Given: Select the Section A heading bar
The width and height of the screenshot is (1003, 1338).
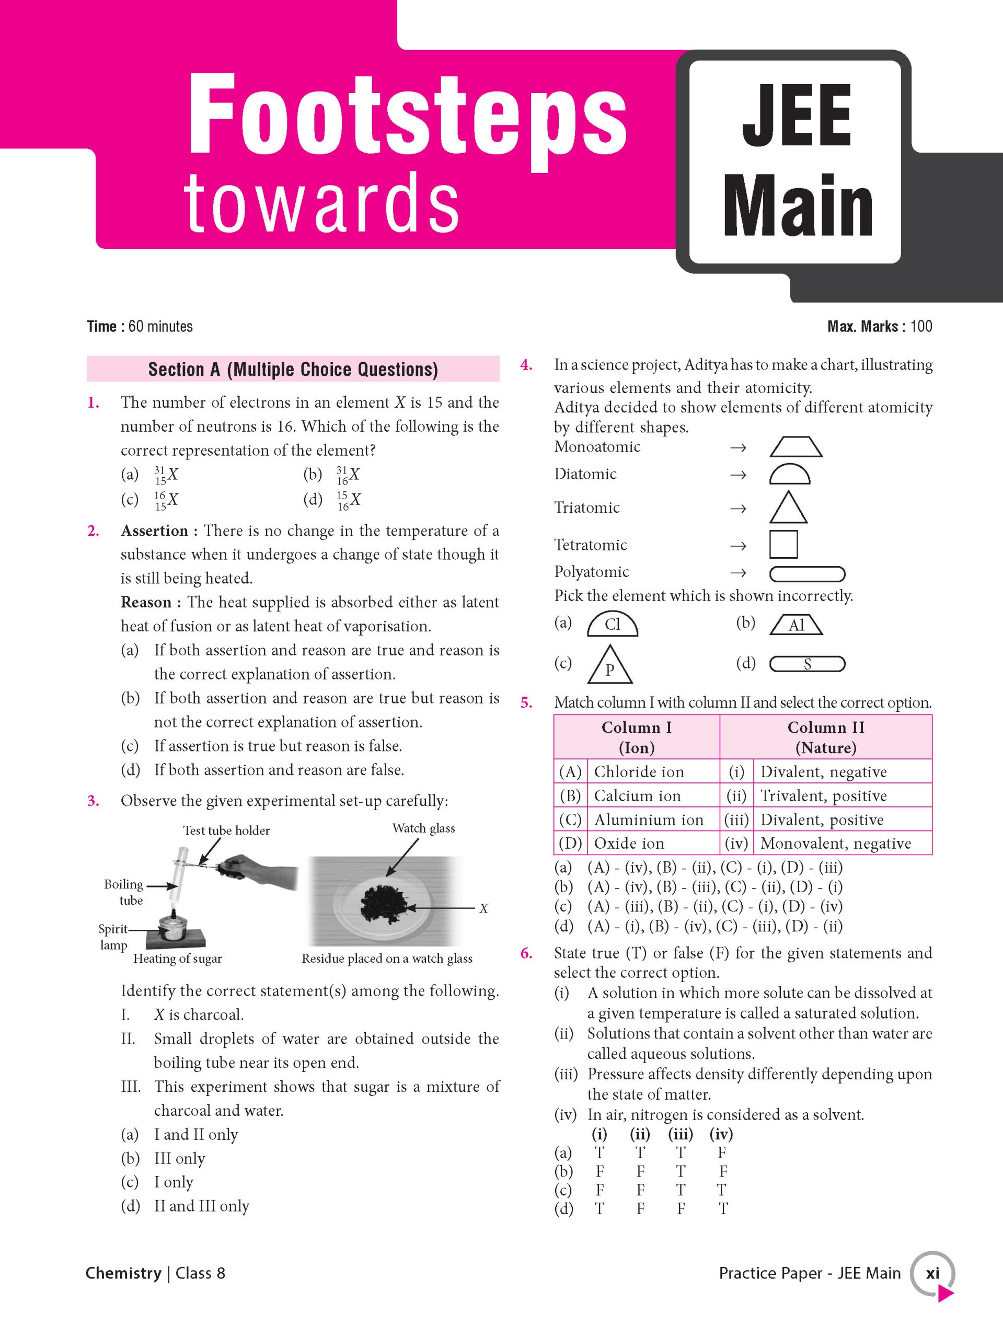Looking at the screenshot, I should click(293, 369).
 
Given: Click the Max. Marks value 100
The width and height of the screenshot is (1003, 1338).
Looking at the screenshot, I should click(921, 327).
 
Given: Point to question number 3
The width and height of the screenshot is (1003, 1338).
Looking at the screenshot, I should click(93, 801).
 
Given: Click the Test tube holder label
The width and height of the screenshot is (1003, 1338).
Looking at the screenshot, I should click(226, 831).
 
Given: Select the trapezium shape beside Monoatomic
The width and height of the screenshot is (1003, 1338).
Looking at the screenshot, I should click(796, 447).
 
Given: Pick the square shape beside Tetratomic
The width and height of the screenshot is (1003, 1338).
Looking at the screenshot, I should click(783, 544).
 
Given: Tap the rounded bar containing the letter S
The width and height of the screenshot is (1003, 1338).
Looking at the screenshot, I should click(807, 665).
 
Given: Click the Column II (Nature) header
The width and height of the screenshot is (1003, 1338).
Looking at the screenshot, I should click(826, 737).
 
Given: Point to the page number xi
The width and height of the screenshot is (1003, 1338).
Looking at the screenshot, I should click(932, 1273).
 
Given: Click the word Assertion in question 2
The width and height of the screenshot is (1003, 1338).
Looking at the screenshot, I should click(154, 531).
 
